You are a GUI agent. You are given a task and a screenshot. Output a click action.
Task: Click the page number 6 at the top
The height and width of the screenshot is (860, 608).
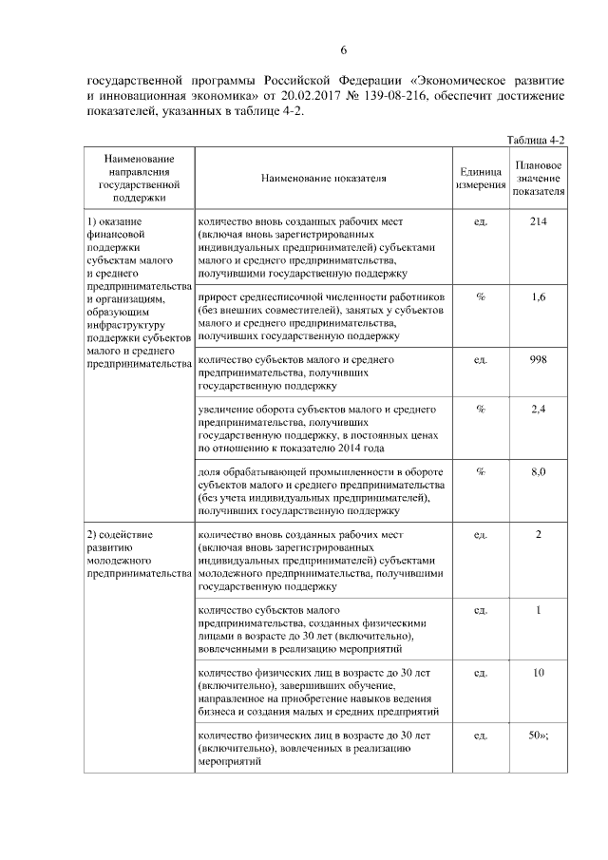(x=345, y=50)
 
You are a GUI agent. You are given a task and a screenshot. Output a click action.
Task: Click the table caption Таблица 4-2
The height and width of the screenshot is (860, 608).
(x=535, y=140)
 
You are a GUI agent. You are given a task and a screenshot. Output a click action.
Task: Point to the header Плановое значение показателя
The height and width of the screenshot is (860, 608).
(x=538, y=178)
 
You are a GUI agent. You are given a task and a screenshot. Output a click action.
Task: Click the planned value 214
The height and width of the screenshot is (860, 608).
(x=538, y=221)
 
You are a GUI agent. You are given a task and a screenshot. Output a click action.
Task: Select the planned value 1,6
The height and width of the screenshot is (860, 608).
(x=538, y=297)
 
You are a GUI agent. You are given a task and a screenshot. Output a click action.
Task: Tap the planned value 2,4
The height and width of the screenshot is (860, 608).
(x=538, y=410)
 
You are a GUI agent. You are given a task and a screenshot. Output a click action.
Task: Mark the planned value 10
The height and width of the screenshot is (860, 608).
(x=538, y=673)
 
